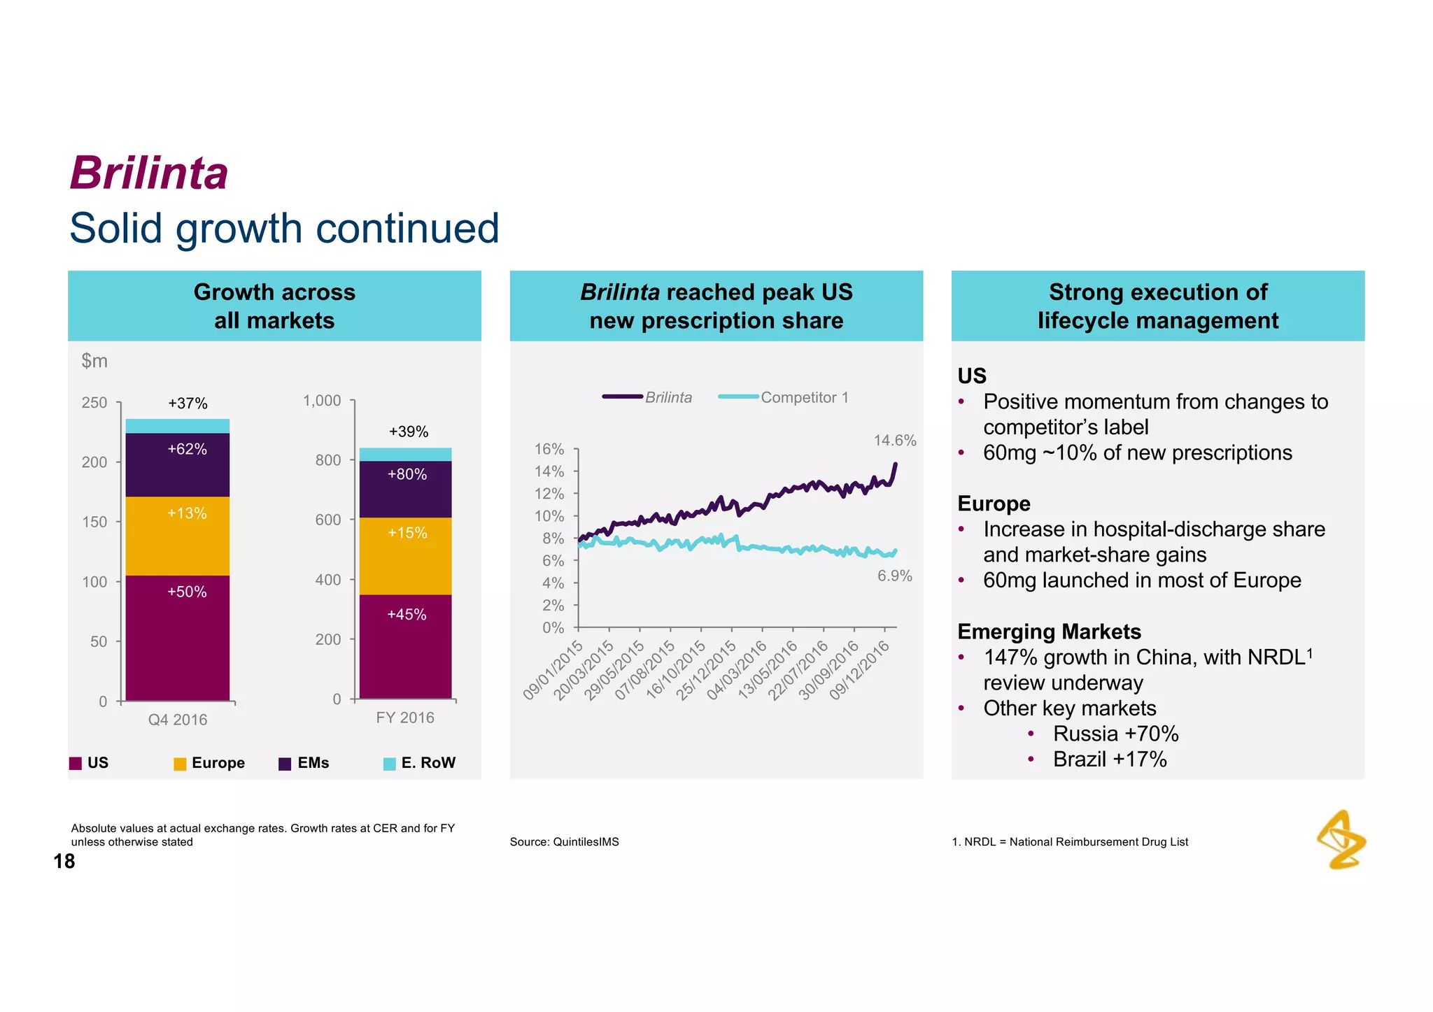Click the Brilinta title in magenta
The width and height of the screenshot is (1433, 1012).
click(x=149, y=173)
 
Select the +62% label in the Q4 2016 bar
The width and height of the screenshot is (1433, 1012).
click(x=187, y=450)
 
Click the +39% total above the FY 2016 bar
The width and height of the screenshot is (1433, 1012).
click(x=408, y=432)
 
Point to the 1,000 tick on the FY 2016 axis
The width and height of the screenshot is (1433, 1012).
click(x=322, y=401)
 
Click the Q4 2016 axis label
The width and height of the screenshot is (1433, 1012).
click(x=178, y=720)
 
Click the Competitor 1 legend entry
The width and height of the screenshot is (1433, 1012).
click(x=804, y=397)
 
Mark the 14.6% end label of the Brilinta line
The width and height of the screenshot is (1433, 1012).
click(x=894, y=441)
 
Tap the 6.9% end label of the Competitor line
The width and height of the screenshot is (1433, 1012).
click(x=894, y=576)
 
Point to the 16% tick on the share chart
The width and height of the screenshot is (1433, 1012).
click(x=549, y=449)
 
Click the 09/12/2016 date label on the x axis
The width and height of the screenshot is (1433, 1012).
click(x=861, y=670)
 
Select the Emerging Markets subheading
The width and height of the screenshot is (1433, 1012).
click(x=1049, y=632)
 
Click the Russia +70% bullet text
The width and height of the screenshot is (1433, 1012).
click(x=1115, y=734)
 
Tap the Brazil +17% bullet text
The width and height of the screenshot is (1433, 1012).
click(x=1110, y=759)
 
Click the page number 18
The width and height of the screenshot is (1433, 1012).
click(x=64, y=861)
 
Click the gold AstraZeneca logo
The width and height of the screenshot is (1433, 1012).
click(x=1341, y=839)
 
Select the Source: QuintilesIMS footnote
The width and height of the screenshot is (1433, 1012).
click(x=564, y=842)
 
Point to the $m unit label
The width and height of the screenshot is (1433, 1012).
click(x=94, y=361)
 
